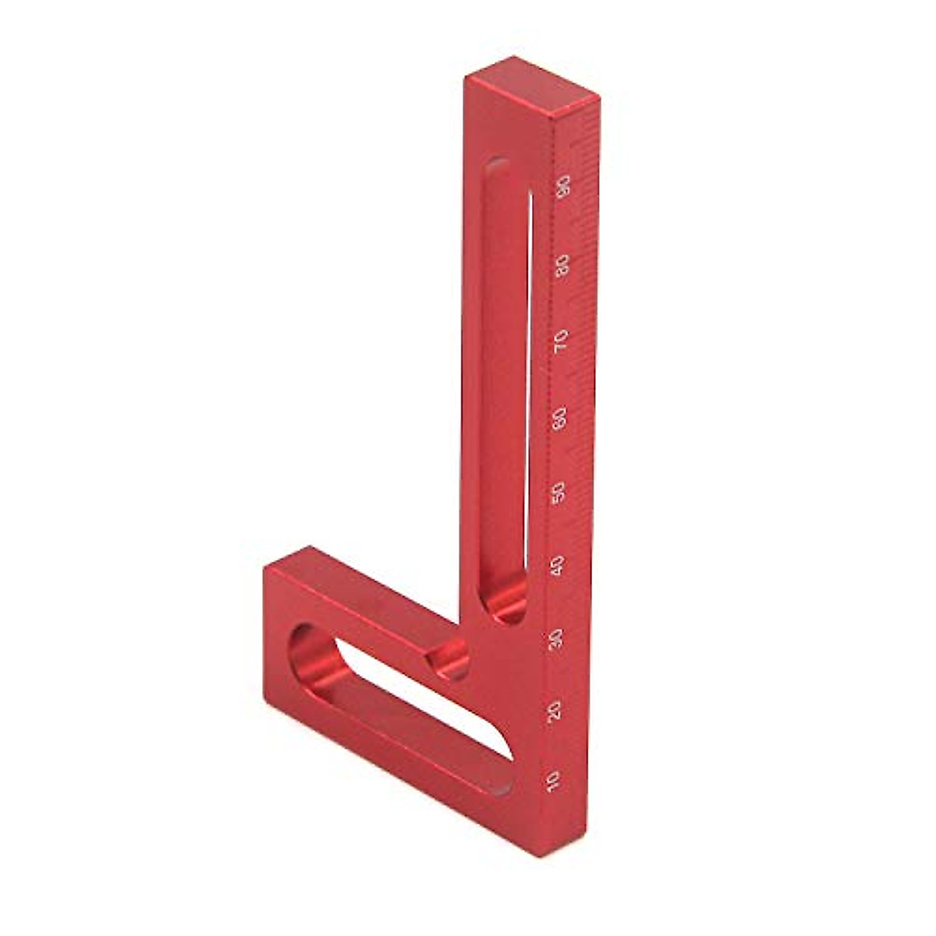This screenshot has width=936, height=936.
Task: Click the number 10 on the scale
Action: tap(554, 780)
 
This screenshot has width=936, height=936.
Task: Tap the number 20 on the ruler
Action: tap(555, 711)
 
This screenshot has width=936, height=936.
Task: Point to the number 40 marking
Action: tap(558, 566)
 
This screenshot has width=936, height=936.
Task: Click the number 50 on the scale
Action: tap(558, 493)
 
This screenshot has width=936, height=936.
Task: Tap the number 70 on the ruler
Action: tap(561, 342)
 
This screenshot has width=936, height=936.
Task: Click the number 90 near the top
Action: tap(563, 187)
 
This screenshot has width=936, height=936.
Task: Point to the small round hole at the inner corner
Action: tap(451, 659)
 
